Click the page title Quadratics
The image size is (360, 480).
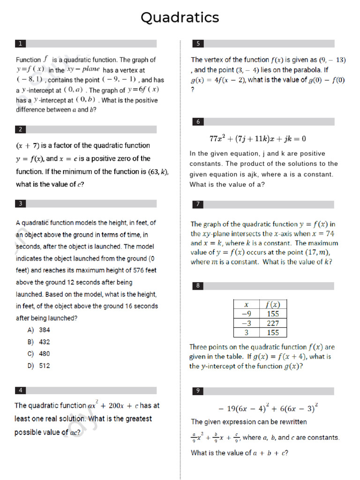pyautogui.click(x=180, y=18)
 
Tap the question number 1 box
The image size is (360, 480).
pyautogui.click(x=21, y=44)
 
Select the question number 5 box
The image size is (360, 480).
pyautogui.click(x=198, y=44)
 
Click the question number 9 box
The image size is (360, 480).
pyautogui.click(x=198, y=391)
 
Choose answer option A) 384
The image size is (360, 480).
pyautogui.click(x=39, y=330)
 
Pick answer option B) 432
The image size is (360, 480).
pyautogui.click(x=39, y=342)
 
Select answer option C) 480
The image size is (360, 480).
pyautogui.click(x=39, y=354)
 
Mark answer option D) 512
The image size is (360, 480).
pyautogui.click(x=39, y=366)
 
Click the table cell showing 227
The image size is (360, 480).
pyautogui.click(x=273, y=323)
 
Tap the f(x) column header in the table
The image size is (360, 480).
pyautogui.click(x=273, y=305)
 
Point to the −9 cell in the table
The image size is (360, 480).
pyautogui.click(x=246, y=314)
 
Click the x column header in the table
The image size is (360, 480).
pyautogui.click(x=246, y=305)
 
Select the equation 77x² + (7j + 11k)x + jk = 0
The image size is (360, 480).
pyautogui.click(x=257, y=139)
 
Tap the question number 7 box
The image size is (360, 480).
pyautogui.click(x=198, y=204)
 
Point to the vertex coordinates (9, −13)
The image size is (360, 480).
pyautogui.click(x=332, y=60)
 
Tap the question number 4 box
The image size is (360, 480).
pyautogui.click(x=21, y=390)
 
